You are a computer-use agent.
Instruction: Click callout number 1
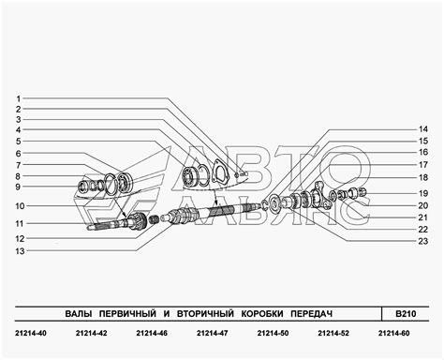click(x=19, y=98)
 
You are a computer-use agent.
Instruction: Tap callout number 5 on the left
click(x=19, y=142)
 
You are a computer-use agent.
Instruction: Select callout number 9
click(x=18, y=187)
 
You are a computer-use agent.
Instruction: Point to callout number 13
click(x=20, y=251)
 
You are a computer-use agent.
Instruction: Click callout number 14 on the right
click(x=423, y=129)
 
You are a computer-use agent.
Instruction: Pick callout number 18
click(x=423, y=177)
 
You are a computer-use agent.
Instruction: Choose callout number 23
click(x=423, y=241)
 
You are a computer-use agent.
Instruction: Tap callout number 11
click(x=20, y=224)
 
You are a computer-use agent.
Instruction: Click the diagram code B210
click(x=406, y=313)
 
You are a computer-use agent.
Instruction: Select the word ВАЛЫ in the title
click(x=79, y=313)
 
